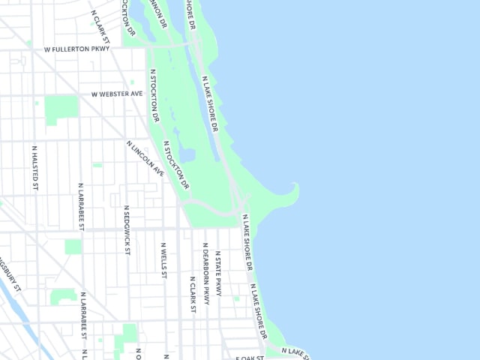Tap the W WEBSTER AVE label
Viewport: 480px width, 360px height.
(x=116, y=94)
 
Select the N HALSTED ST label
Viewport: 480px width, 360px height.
(x=34, y=167)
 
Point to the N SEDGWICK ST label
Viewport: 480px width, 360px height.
(x=127, y=230)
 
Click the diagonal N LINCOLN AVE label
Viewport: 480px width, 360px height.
(x=145, y=158)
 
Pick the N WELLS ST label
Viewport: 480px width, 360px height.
(x=163, y=259)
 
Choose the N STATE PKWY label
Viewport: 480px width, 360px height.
(x=218, y=273)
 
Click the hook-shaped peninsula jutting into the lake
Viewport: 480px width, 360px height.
(x=289, y=196)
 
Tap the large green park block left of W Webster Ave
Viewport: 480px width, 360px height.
(x=61, y=109)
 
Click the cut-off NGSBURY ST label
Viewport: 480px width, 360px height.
(x=12, y=275)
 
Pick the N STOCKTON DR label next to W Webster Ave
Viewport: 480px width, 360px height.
(x=155, y=96)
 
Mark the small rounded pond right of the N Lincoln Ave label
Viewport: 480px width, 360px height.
(x=187, y=155)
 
